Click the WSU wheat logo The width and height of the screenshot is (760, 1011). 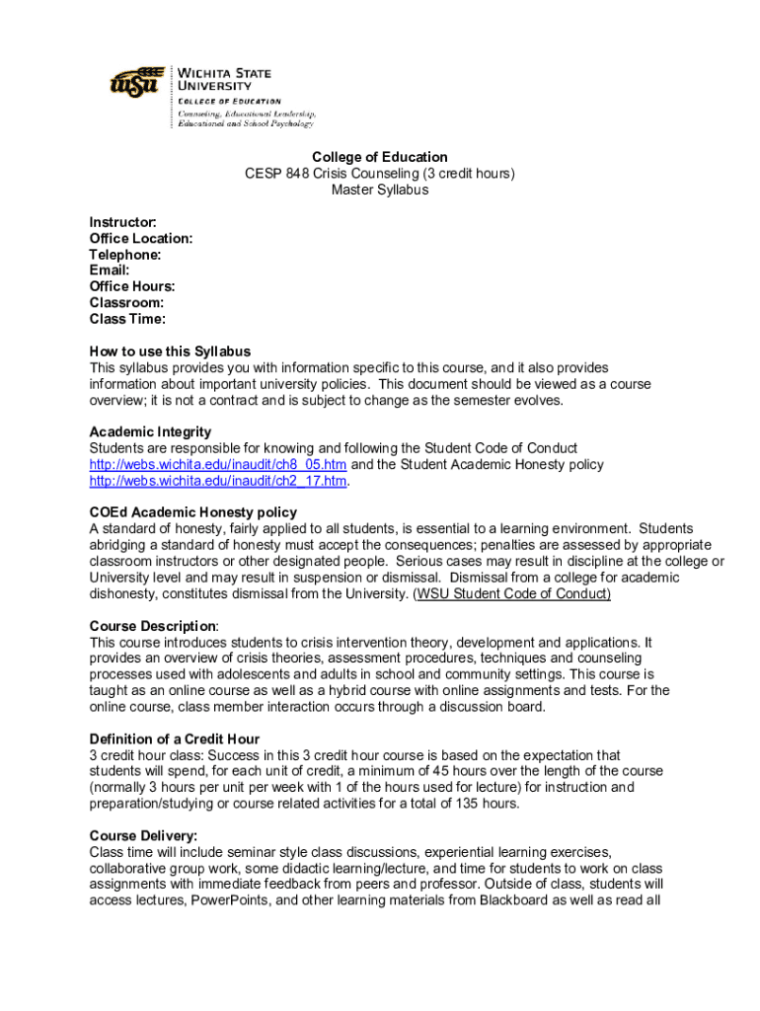[136, 82]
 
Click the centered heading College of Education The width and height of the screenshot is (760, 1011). [380, 157]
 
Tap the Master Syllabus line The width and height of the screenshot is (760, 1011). [380, 190]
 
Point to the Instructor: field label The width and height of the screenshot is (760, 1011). [122, 222]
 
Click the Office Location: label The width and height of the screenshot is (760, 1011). [141, 239]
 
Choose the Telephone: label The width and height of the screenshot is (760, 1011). [125, 255]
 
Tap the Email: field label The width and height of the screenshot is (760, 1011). [110, 271]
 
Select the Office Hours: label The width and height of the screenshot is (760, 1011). [132, 286]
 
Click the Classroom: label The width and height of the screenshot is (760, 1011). [126, 303]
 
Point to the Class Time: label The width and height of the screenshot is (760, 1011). [127, 319]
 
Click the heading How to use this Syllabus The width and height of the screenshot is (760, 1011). [170, 351]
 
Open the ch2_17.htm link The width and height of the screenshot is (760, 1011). [218, 481]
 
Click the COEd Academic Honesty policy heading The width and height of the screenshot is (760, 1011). [192, 512]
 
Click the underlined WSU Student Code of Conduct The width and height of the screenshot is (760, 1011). [512, 593]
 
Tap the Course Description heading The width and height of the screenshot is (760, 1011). [153, 626]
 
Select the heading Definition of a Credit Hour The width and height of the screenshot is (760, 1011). [175, 739]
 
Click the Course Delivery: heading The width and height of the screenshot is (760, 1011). [143, 836]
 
